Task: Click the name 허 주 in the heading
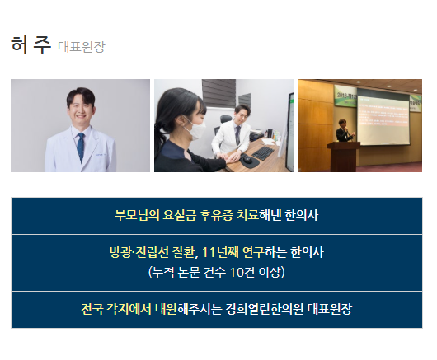point(31,44)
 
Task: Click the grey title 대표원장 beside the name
point(82,47)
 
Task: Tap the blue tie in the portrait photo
point(81,147)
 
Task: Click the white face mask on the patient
point(195,128)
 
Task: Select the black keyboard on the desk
point(263,153)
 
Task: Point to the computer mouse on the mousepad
point(247,160)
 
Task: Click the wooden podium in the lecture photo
point(344,157)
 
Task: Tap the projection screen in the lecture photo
point(383,119)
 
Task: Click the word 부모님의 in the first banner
point(137,215)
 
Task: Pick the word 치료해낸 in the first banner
point(259,215)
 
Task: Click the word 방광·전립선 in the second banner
point(139,253)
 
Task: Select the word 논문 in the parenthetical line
point(189,272)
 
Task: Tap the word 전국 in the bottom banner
point(92,309)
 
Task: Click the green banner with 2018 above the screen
point(345,96)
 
